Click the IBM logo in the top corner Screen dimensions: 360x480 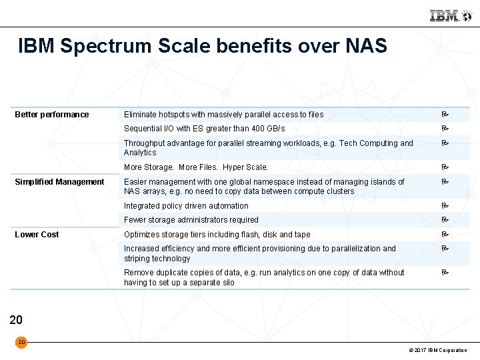[445, 15]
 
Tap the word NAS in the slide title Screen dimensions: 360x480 [367, 46]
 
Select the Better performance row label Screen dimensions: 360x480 [52, 115]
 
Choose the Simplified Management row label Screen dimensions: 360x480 [59, 182]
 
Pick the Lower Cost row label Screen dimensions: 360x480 [37, 235]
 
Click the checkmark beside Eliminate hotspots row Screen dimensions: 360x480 [445, 115]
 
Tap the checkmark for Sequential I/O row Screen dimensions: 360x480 [445, 129]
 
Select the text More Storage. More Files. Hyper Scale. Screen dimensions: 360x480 [196, 167]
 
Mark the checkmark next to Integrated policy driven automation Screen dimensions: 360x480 [445, 206]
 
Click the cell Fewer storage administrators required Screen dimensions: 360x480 [191, 220]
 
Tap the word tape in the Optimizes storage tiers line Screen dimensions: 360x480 [302, 235]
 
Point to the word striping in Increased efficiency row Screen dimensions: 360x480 [138, 259]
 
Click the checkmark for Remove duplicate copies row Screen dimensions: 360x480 [445, 273]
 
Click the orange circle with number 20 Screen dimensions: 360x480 [21, 342]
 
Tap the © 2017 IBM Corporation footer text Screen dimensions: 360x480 [438, 351]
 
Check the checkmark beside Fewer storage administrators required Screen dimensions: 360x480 [445, 220]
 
